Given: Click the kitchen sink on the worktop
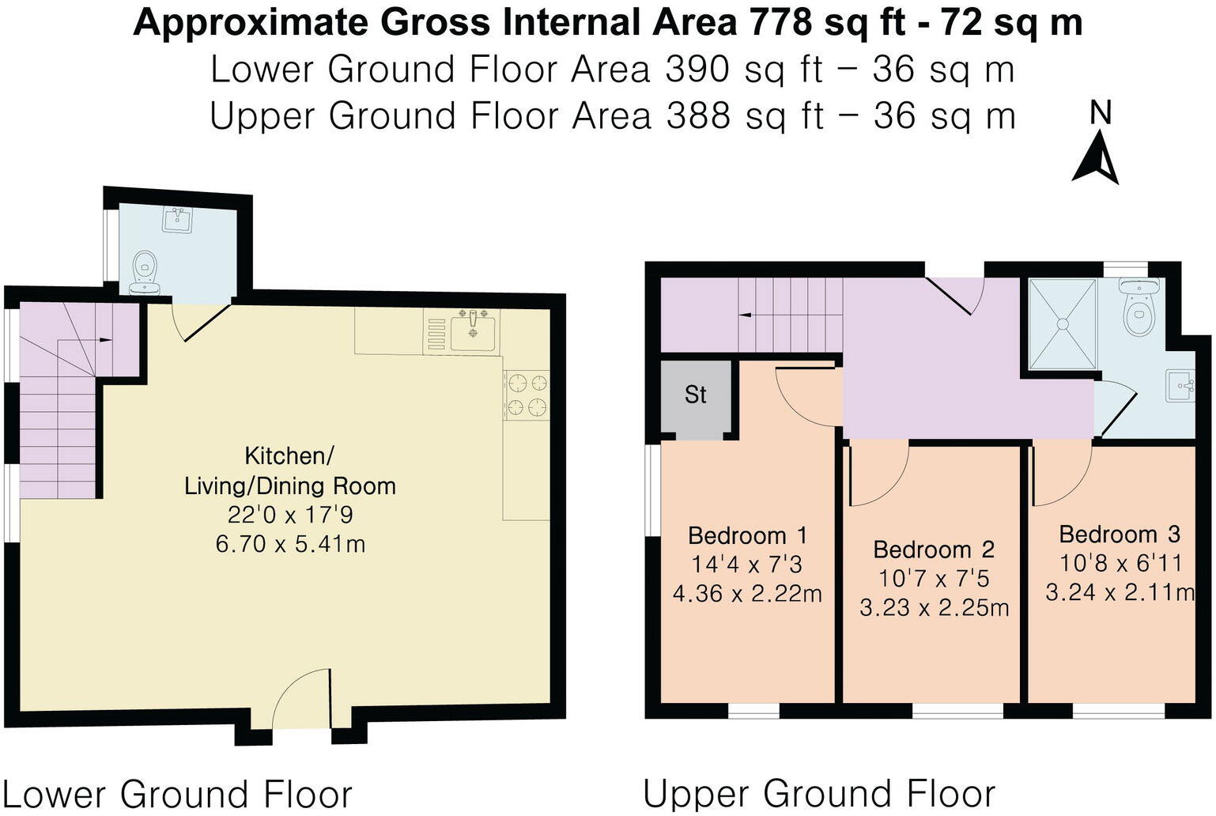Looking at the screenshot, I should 473,331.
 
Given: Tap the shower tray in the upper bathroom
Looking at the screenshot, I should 1062,323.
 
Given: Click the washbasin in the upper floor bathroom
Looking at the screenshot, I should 1182,387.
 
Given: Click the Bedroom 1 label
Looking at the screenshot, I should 747,535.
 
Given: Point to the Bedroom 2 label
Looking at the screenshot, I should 933,549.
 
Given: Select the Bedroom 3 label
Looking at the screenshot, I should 1119,535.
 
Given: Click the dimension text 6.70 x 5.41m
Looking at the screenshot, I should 290,544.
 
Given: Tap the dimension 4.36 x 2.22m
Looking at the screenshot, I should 747,593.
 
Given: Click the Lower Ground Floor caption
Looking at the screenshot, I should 177,793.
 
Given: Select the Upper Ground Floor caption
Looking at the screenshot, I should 819,793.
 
